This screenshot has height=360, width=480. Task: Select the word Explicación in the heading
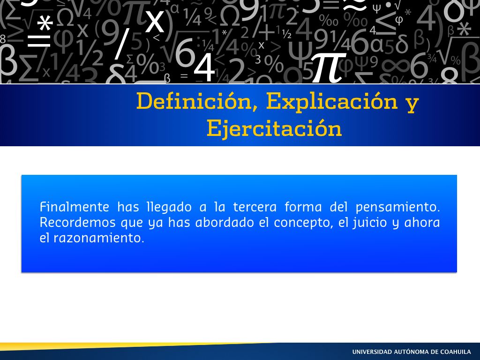point(331,101)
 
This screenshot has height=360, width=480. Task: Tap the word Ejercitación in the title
point(274,128)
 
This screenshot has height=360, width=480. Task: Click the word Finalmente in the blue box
point(75,207)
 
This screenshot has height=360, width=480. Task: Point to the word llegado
point(169,208)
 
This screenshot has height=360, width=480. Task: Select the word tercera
point(255,207)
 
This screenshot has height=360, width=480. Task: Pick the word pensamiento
point(397,208)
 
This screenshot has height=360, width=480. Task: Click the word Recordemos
point(78,222)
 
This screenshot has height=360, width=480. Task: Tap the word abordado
point(225,222)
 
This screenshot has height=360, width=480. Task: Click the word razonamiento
point(99,238)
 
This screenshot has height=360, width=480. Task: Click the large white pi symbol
point(329,67)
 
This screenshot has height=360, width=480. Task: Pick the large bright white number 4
point(204,67)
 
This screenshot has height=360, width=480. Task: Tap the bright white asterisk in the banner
point(45,23)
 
